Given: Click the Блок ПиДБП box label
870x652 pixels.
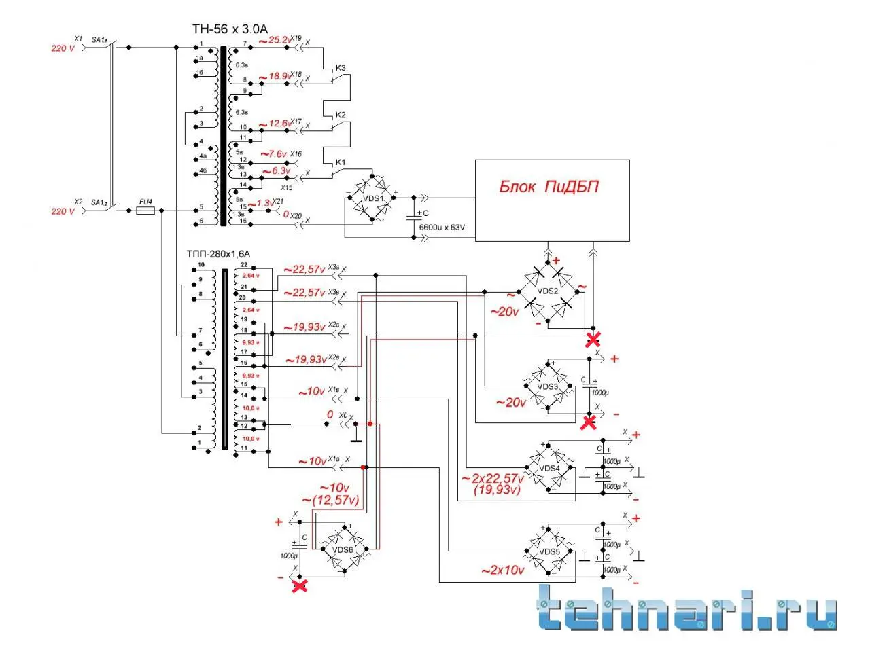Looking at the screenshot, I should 549,187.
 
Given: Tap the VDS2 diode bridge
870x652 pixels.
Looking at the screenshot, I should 548,291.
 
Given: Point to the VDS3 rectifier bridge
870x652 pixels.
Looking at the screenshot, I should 548,386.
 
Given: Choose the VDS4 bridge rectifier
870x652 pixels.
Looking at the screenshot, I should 549,468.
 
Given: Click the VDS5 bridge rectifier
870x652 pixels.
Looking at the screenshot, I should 549,551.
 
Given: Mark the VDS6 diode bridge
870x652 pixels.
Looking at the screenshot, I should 343,549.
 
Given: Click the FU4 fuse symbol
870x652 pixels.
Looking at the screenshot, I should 145,211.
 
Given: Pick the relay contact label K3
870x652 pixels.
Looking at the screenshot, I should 341,68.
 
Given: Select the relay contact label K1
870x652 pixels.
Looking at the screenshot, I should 341,162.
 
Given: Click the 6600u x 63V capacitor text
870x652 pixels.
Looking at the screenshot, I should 442,228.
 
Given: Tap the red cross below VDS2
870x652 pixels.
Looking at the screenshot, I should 593,340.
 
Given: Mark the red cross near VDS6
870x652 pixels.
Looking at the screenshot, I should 299,585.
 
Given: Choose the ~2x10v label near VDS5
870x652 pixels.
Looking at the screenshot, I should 502,570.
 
